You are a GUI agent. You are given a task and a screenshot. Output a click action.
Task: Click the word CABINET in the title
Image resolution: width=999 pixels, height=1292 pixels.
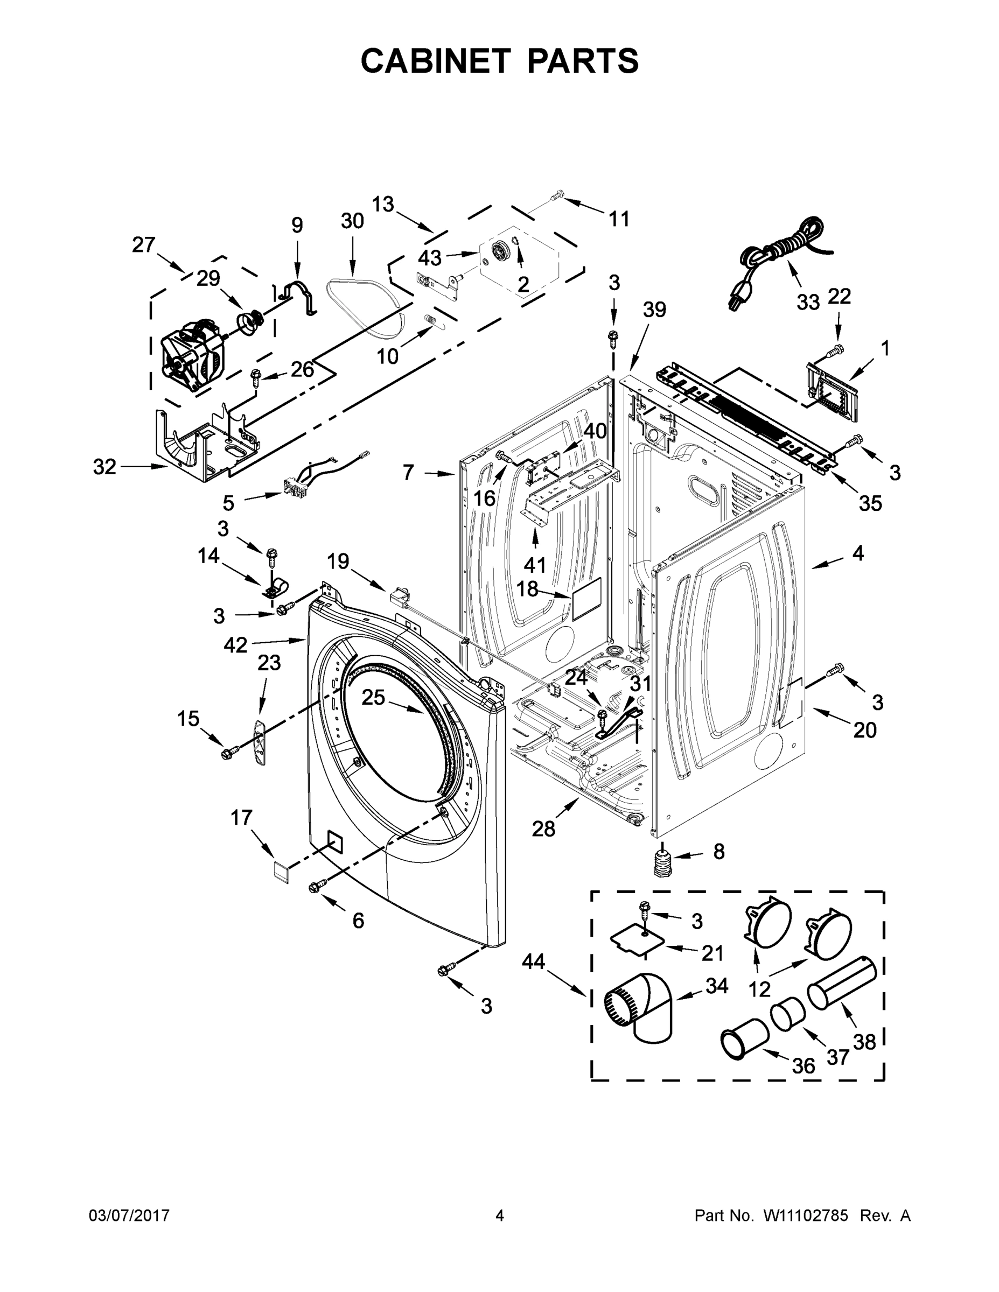pos(435,60)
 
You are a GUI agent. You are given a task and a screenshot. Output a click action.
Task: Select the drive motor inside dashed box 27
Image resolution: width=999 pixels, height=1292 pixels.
pos(192,355)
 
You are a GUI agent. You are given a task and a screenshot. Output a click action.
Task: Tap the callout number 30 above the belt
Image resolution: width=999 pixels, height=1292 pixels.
pos(352,221)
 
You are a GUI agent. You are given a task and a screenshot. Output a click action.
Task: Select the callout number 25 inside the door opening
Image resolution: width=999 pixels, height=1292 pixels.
pos(373,698)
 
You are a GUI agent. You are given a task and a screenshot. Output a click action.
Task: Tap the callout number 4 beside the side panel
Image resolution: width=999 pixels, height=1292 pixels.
pos(857,553)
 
